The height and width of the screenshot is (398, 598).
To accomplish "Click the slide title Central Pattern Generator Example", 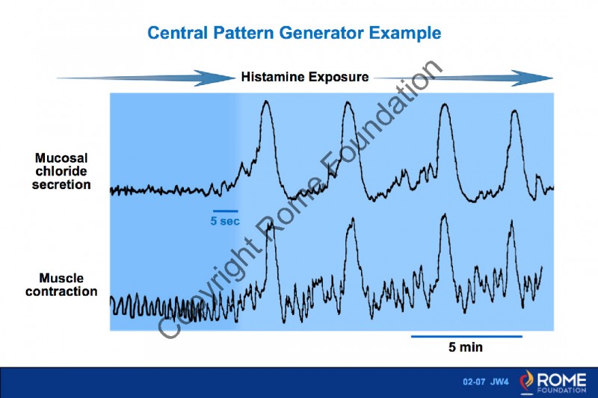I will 294,33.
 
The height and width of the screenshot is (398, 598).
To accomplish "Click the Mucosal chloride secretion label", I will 61,171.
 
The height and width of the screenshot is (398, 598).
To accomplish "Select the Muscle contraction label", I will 61,284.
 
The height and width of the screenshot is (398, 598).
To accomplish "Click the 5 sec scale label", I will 225,222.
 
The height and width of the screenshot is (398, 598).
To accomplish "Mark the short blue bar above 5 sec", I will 225,211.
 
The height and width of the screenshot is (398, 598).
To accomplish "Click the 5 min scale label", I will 466,347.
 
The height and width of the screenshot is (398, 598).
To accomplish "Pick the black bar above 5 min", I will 466,336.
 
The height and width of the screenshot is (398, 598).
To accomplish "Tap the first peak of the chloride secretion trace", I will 265,103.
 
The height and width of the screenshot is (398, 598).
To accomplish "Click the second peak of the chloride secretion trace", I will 347,105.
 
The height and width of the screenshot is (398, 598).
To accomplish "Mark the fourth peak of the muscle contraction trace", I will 511,221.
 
